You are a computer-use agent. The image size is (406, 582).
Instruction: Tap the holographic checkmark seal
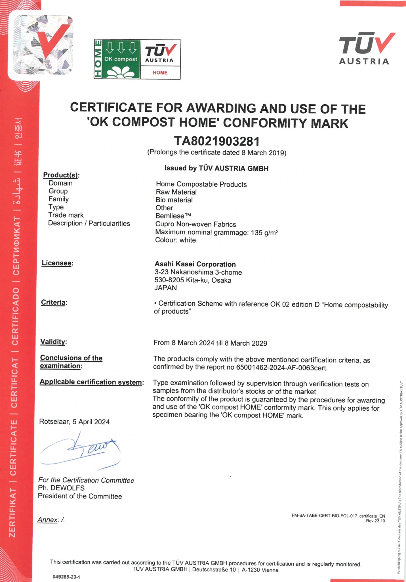43,45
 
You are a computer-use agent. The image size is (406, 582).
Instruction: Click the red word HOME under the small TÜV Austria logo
160,73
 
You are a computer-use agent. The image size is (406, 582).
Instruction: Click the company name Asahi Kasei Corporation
195,264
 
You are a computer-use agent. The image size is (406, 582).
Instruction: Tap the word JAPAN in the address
165,288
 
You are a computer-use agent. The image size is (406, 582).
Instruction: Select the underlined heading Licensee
56,263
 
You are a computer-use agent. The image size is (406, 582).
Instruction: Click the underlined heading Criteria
53,303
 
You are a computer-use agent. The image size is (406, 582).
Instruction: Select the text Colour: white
175,240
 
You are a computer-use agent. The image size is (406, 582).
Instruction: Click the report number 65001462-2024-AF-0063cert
282,368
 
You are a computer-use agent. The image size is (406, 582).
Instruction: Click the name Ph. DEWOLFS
61,488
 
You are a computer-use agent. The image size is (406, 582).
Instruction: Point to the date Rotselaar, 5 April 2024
74,422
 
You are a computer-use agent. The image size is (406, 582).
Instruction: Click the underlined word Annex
48,520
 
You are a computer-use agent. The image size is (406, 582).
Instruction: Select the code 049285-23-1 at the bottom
66,577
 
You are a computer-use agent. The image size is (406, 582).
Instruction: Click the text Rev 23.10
375,521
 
